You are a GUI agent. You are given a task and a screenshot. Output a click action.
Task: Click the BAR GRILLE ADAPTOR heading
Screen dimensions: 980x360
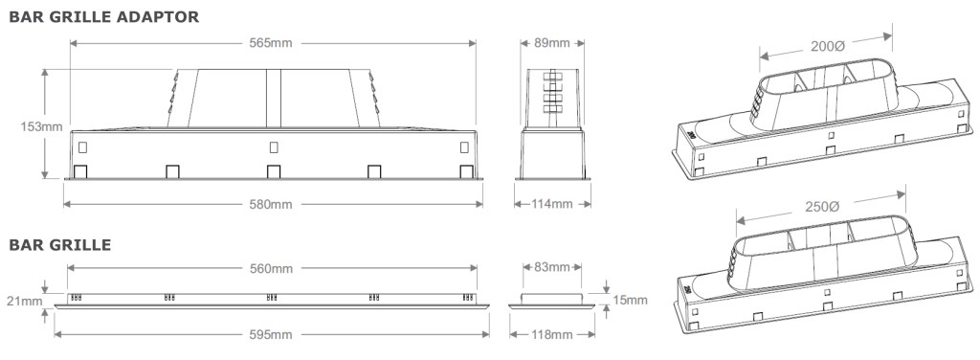[x=103, y=17]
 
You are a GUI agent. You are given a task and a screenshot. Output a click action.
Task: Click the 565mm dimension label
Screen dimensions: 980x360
[x=271, y=43]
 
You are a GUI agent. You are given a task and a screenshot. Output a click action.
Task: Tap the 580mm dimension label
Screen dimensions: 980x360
[x=271, y=204]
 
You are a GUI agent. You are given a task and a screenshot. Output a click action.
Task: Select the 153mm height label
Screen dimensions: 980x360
[x=42, y=126]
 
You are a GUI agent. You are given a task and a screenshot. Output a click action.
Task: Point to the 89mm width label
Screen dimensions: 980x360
[x=552, y=43]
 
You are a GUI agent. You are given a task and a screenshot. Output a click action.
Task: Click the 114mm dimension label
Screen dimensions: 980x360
[x=552, y=204]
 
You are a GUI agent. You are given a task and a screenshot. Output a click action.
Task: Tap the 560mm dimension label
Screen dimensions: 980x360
[x=271, y=269]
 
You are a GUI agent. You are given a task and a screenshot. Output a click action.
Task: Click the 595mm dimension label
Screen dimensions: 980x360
[x=271, y=335]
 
